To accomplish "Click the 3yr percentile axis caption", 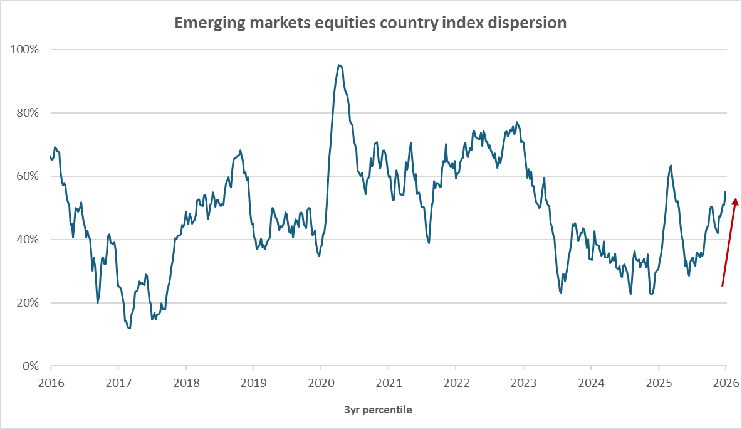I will coord(378,410).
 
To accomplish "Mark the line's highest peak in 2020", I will coord(339,65).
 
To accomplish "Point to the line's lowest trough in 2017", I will coord(129,328).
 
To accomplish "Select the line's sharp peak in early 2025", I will coord(671,166).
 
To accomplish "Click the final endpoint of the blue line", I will coord(726,191).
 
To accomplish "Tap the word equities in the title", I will coord(334,23).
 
